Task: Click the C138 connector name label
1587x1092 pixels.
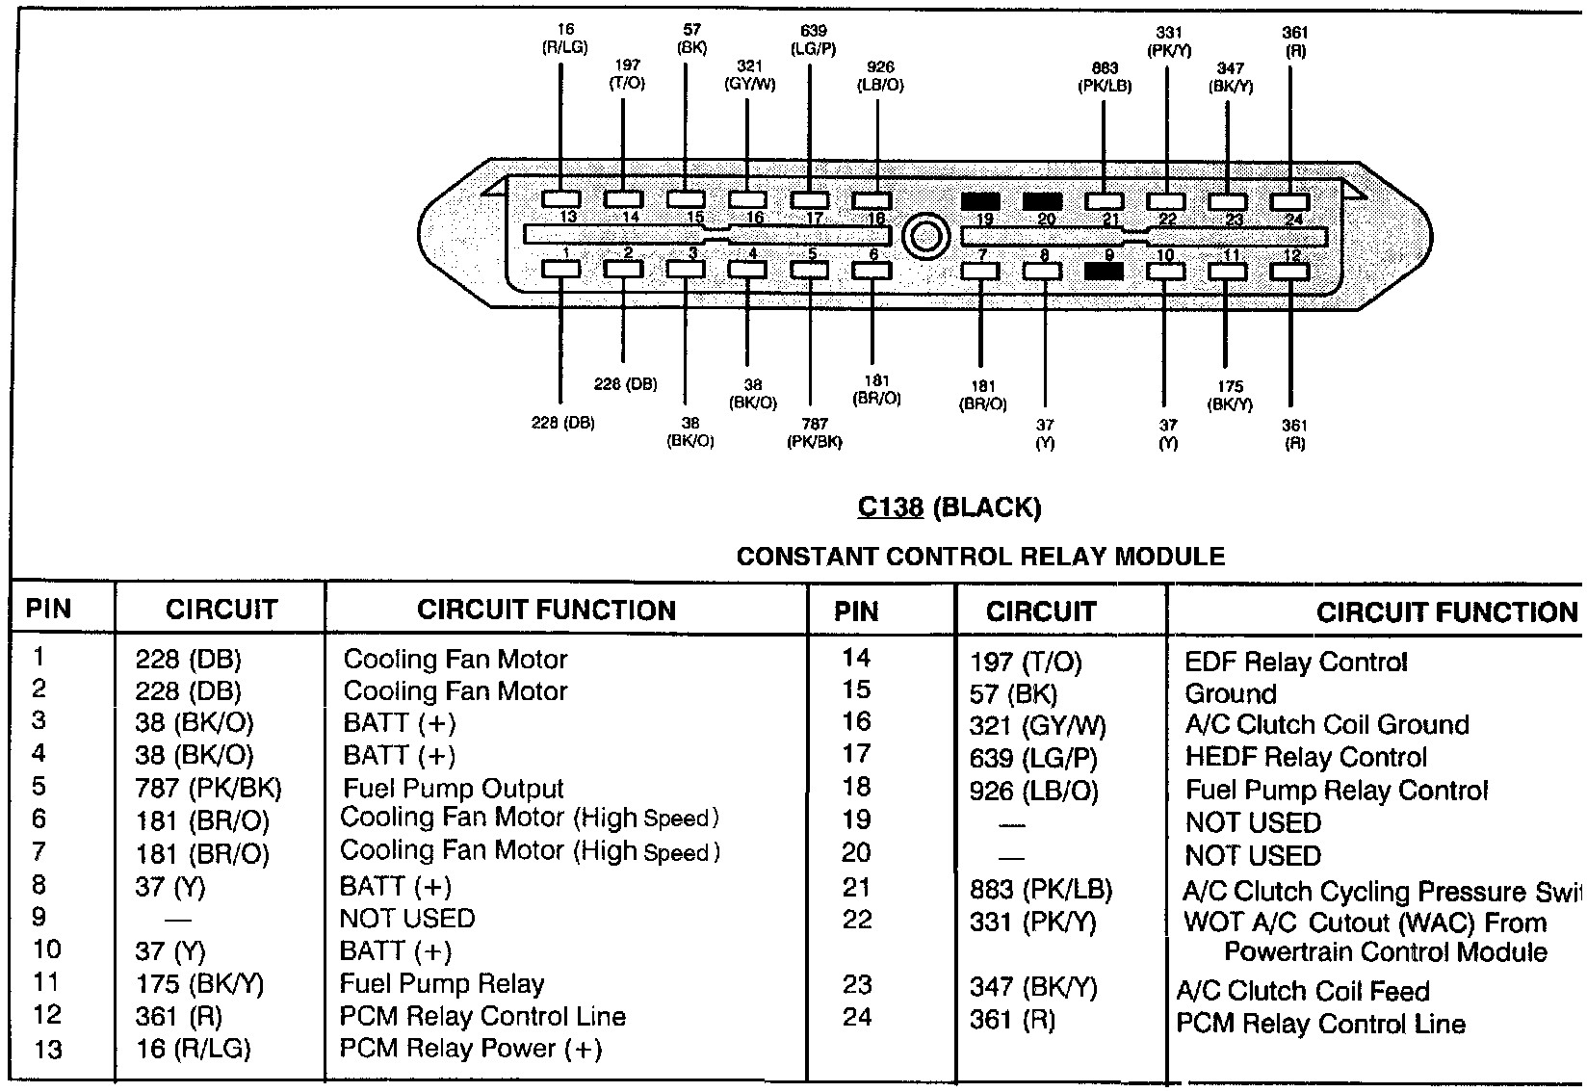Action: click(890, 507)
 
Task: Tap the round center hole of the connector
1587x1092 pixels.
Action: click(925, 236)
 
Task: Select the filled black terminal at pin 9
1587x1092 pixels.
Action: click(1104, 271)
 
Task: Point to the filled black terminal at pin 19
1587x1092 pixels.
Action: click(980, 202)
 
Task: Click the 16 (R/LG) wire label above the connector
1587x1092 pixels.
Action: click(565, 39)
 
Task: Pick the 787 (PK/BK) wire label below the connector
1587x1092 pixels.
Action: click(814, 432)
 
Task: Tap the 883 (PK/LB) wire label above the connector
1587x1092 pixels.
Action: click(1105, 77)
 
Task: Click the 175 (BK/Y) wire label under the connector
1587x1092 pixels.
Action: click(1230, 396)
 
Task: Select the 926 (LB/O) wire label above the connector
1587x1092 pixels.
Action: click(880, 76)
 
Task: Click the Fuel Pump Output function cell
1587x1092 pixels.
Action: click(453, 789)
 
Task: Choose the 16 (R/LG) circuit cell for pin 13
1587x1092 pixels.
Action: click(194, 1049)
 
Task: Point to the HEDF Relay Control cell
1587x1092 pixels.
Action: click(1306, 758)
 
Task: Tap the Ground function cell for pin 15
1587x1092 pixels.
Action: click(1230, 693)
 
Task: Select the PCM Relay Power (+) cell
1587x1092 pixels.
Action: click(471, 1049)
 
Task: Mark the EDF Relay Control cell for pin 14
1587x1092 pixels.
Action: click(1296, 662)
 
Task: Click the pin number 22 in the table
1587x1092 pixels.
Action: click(856, 920)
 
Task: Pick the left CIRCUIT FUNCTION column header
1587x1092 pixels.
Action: click(546, 610)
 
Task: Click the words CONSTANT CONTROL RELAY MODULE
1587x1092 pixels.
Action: click(980, 557)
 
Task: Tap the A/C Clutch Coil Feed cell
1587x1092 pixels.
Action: click(1303, 991)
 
